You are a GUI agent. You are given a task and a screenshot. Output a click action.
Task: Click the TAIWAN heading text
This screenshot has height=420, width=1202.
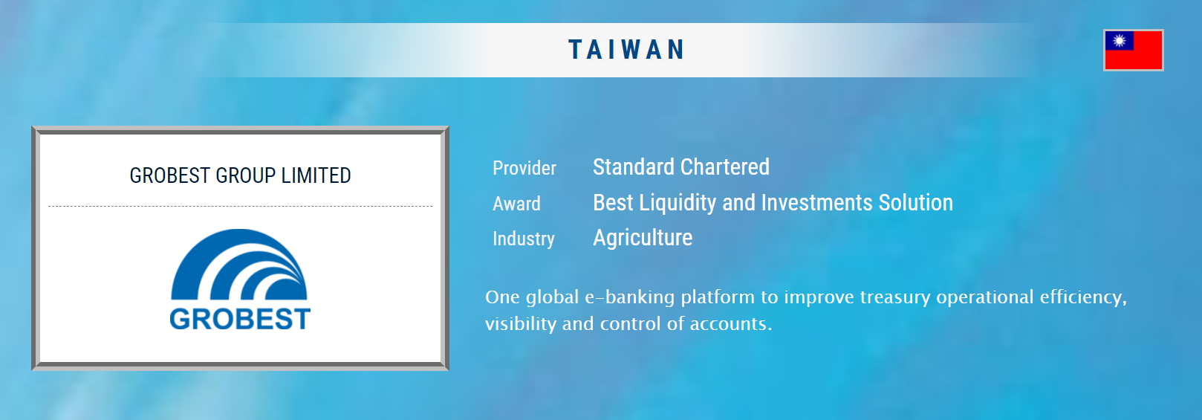(626, 50)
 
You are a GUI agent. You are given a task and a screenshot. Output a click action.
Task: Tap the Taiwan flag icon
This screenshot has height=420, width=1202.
(1134, 50)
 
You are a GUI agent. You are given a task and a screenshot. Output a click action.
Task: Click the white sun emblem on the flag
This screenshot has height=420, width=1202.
(1120, 41)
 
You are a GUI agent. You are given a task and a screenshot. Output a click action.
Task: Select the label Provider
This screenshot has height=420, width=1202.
(524, 168)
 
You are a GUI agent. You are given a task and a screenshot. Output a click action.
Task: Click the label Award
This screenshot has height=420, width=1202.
(516, 204)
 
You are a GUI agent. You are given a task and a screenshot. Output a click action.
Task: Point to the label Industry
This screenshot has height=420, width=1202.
(523, 239)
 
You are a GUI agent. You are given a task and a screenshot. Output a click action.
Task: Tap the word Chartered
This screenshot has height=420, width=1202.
(722, 167)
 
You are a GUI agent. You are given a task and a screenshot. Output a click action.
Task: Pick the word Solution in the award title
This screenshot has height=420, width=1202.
(915, 203)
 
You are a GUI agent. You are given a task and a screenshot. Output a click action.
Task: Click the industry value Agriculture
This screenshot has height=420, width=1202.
(643, 238)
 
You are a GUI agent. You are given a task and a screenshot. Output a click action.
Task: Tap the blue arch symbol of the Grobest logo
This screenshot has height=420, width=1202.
(238, 264)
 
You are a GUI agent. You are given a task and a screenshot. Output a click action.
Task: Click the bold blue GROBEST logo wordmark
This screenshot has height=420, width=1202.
(240, 319)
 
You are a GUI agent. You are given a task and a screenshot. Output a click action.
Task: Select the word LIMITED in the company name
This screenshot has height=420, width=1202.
(316, 175)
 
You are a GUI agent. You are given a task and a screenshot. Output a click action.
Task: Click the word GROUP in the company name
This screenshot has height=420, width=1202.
(245, 175)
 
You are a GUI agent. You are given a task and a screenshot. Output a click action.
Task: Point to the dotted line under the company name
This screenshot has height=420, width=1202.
(240, 206)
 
